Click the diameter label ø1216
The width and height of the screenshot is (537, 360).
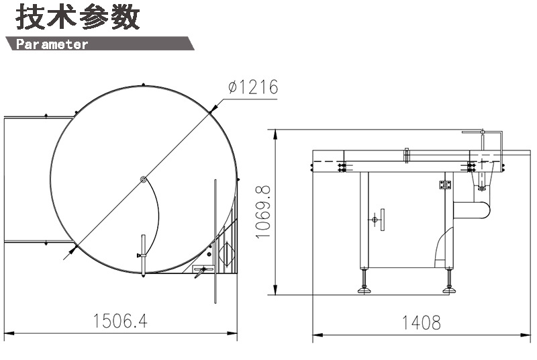click(x=253, y=87)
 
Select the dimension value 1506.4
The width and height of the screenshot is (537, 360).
click(x=120, y=321)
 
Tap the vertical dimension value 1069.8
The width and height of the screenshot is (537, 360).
click(x=263, y=212)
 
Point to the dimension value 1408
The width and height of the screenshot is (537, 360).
click(x=421, y=322)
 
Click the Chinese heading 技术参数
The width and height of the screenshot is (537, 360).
click(x=78, y=16)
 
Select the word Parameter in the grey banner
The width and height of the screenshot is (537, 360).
click(x=52, y=44)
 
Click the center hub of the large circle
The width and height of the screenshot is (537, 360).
click(x=144, y=179)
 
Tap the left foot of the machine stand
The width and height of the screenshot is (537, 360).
click(x=364, y=290)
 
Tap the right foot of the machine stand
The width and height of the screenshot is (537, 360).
click(x=449, y=290)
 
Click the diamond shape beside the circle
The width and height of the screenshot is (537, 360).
click(x=227, y=254)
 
